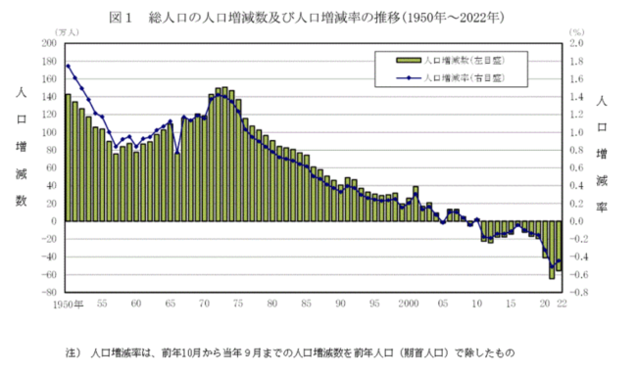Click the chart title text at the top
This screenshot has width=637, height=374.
click(x=307, y=18)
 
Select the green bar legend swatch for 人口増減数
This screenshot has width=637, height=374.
click(x=409, y=61)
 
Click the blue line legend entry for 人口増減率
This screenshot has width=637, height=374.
click(x=450, y=78)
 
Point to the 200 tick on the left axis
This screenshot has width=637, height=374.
click(x=49, y=43)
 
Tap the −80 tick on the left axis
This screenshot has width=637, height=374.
click(x=48, y=293)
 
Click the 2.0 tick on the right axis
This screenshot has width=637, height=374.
click(x=577, y=43)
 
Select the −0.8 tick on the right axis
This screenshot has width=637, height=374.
click(x=577, y=293)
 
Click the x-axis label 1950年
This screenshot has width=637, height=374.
click(x=69, y=304)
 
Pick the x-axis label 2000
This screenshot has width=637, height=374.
click(x=409, y=304)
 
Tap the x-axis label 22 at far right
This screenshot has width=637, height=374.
click(x=562, y=304)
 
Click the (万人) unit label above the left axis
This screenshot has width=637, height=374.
click(x=67, y=32)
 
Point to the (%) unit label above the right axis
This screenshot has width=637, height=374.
click(x=577, y=32)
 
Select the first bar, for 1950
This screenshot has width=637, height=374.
click(x=68, y=158)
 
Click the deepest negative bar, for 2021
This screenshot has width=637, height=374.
click(x=552, y=250)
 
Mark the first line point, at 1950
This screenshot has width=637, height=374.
click(x=68, y=66)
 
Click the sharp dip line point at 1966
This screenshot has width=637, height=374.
click(x=177, y=153)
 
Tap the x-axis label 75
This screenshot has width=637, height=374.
click(x=238, y=304)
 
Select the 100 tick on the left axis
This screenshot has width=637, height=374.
click(x=49, y=132)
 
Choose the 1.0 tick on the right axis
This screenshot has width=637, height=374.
click(x=577, y=132)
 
